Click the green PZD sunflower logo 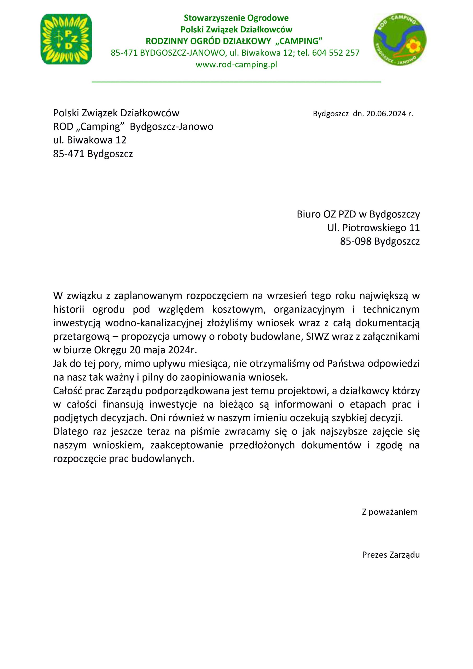point(66,39)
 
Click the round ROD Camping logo point(400,40)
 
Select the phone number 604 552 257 point(336,53)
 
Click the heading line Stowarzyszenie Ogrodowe point(236,18)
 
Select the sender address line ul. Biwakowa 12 point(90,140)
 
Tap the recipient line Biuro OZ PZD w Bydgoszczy point(358,215)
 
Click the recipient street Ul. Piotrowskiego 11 point(373,228)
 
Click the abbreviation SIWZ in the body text point(315,337)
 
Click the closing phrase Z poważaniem point(389,512)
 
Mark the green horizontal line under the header point(236,83)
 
